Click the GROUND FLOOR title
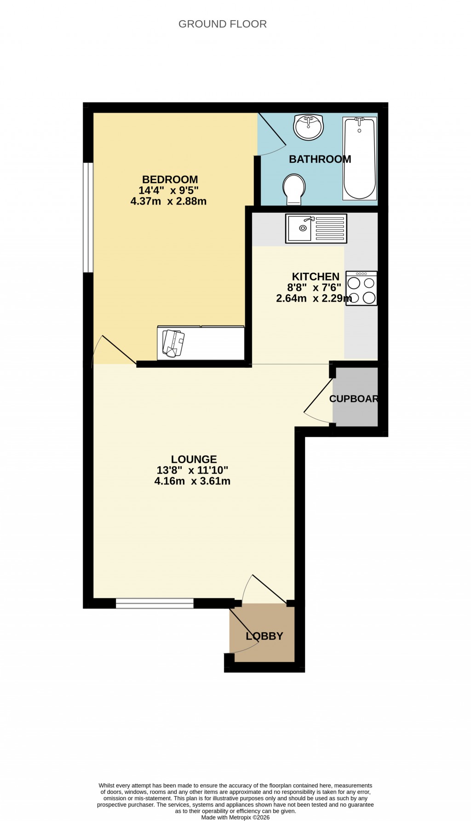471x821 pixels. pyautogui.click(x=222, y=24)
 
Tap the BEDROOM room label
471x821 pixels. pyautogui.click(x=170, y=180)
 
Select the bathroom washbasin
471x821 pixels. pyautogui.click(x=309, y=126)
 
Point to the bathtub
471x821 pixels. pyautogui.click(x=360, y=158)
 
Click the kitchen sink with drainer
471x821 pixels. pyautogui.click(x=316, y=228)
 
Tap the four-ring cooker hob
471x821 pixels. pyautogui.click(x=362, y=288)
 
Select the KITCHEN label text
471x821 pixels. pyautogui.click(x=316, y=277)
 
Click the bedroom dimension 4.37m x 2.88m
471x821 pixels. pyautogui.click(x=168, y=201)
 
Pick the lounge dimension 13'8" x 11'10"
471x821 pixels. pyautogui.click(x=192, y=470)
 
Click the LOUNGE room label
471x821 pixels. pyautogui.click(x=194, y=459)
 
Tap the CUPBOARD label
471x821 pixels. pyautogui.click(x=354, y=399)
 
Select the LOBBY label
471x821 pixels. pyautogui.click(x=264, y=636)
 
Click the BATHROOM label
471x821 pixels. pyautogui.click(x=320, y=160)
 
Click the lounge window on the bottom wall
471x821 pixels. pyautogui.click(x=155, y=603)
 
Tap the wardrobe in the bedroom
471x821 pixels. pyautogui.click(x=201, y=343)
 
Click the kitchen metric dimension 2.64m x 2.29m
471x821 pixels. pyautogui.click(x=314, y=299)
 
